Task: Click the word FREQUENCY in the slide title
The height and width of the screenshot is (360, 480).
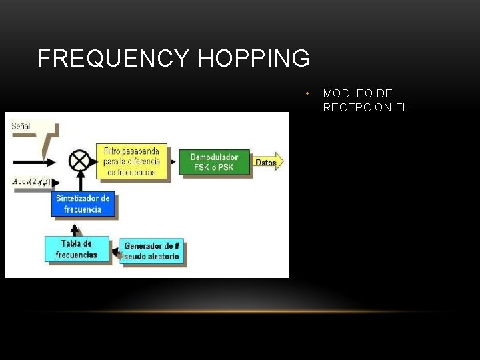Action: (x=113, y=59)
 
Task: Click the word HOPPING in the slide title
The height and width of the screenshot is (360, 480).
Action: (x=254, y=59)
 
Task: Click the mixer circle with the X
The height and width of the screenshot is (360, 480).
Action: (x=79, y=161)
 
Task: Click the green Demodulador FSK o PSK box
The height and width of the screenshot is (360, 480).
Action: (x=214, y=162)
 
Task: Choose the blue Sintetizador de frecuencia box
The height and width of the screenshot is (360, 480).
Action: (x=83, y=204)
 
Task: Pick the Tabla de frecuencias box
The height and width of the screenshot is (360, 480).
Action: (x=77, y=249)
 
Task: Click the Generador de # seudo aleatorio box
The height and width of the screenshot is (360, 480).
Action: (x=152, y=251)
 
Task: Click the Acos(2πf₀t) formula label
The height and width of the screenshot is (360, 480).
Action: (x=31, y=181)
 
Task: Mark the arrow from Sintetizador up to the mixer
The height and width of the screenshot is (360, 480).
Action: (x=80, y=182)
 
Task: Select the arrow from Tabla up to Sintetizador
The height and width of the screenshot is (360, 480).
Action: (x=76, y=229)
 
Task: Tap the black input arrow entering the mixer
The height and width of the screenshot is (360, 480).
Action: (x=40, y=161)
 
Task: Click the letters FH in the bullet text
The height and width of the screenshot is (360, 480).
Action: (x=403, y=107)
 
